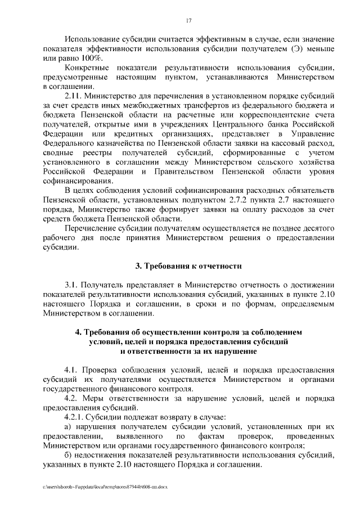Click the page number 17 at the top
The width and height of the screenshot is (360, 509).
189,21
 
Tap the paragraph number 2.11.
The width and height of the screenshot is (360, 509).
75,96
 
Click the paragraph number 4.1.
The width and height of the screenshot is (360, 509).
71,370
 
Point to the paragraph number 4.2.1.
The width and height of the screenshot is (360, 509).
74,417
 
